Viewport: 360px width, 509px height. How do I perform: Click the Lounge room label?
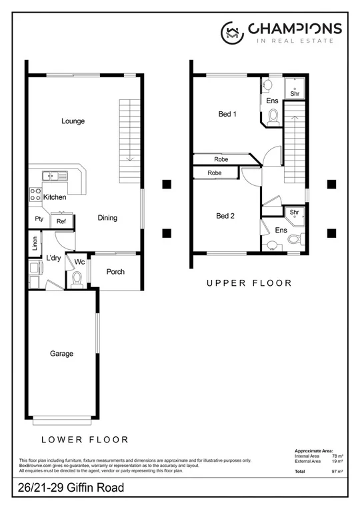tap(73, 121)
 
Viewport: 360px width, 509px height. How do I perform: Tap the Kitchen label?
tap(55, 197)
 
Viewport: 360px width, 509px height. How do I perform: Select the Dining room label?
tap(107, 218)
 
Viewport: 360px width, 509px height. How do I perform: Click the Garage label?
tap(61, 354)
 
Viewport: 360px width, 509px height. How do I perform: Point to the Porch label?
tap(115, 272)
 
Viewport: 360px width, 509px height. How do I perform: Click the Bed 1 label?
tap(228, 114)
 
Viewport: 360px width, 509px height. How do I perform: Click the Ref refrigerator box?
tap(61, 221)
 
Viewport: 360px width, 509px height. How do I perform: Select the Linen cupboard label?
tap(34, 244)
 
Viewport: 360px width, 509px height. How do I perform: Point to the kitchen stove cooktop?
tap(35, 195)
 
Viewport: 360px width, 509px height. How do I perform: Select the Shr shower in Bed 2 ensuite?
tap(294, 213)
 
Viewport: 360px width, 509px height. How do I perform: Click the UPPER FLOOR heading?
tap(249, 283)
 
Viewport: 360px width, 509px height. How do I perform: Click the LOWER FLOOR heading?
tap(85, 440)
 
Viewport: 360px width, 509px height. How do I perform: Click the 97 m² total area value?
tap(337, 471)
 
